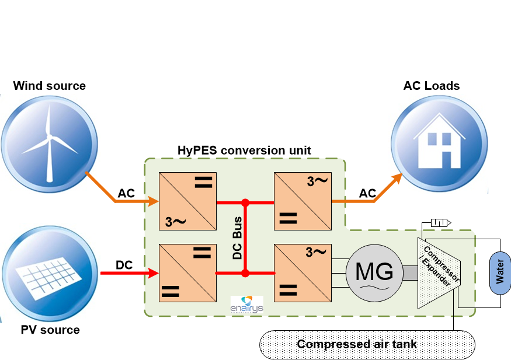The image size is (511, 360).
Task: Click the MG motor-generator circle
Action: coord(374,272)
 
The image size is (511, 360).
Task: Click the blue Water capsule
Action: coord(500,272)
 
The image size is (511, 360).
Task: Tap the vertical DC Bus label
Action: coord(238,238)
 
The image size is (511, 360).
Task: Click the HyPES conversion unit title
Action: coord(244,151)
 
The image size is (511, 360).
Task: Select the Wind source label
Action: coord(50,86)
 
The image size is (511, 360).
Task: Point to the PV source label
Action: coord(50,330)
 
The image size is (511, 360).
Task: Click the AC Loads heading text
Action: coord(432,86)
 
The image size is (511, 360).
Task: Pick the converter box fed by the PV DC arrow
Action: coord(187,273)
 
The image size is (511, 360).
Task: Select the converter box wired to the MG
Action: coord(303,273)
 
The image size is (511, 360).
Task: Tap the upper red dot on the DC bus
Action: coord(246,203)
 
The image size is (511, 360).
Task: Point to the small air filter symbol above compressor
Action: coord(439,222)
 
